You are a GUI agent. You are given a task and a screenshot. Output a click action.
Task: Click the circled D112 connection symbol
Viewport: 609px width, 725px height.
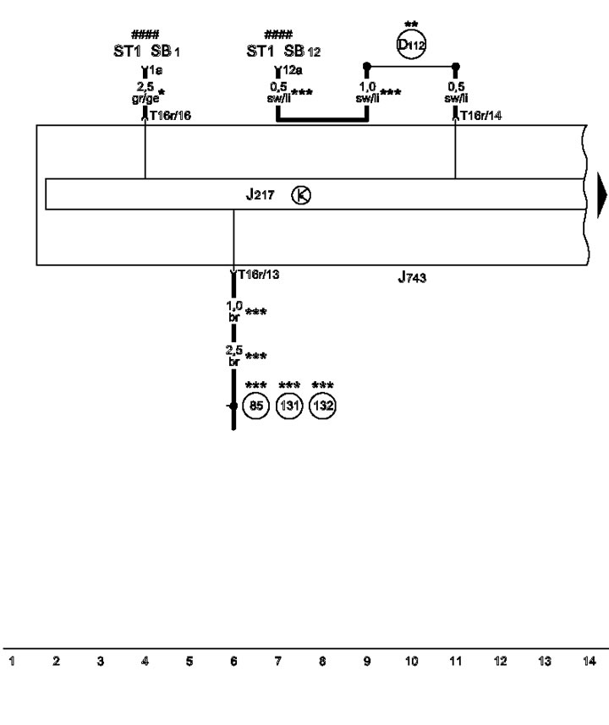point(411,45)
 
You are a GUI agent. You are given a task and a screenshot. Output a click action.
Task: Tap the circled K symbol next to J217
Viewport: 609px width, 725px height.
point(301,195)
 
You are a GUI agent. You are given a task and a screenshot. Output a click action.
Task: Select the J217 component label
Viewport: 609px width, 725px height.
point(260,194)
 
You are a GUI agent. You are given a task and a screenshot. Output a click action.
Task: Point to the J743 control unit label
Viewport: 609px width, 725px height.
point(412,277)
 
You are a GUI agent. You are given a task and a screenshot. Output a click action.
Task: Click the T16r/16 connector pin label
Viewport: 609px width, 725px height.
point(170,116)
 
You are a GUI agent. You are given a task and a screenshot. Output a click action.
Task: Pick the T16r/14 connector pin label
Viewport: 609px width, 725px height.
point(480,116)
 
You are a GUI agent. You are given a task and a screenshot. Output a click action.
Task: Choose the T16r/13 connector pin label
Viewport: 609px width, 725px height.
point(259,275)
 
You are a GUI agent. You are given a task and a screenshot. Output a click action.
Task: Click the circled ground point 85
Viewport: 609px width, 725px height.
point(256,406)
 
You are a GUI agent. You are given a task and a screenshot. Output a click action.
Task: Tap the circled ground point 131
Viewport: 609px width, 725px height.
point(289,406)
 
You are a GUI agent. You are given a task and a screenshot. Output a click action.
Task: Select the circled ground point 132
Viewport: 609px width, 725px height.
point(322,406)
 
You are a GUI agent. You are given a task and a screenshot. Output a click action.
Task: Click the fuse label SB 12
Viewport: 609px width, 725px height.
point(302,52)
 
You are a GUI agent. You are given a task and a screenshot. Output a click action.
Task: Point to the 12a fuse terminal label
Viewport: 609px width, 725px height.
point(293,70)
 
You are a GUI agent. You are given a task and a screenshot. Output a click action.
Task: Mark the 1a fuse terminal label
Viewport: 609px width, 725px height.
point(156,70)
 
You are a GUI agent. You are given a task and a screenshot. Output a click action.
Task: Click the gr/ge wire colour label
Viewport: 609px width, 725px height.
point(145,99)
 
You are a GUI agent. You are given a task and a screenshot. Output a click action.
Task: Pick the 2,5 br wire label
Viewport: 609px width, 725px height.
point(234,356)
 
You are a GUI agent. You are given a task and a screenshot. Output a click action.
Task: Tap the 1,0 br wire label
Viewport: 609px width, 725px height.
point(234,311)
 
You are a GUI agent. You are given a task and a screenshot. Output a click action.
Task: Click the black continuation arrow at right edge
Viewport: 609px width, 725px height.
point(601,195)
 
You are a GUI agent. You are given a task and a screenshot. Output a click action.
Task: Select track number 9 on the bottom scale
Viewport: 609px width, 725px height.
point(367,661)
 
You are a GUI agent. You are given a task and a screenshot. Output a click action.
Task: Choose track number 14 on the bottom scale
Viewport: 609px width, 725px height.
point(589,661)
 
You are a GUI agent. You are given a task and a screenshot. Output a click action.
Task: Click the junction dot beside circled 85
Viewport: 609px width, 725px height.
point(233,406)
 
